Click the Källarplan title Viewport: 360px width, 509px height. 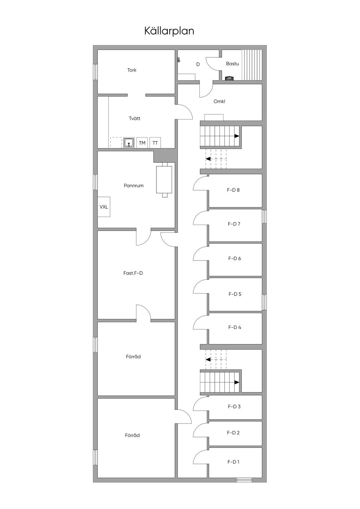coord(169,31)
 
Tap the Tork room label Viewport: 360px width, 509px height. coord(132,70)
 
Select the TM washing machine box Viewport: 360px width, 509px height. coord(142,143)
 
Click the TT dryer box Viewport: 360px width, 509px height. coord(155,143)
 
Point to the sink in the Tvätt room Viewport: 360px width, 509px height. coord(129,143)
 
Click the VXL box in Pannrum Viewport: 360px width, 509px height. coord(104,207)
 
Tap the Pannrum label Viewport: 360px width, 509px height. coord(134,186)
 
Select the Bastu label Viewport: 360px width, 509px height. coord(232,64)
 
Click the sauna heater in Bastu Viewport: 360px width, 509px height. coord(229,78)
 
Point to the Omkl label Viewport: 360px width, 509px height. coord(219,101)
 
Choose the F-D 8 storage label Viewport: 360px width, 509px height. coord(233,190)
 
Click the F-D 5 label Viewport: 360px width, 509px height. coord(235,294)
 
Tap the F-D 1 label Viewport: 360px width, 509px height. coord(233,462)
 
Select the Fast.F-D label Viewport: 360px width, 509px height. coord(133,273)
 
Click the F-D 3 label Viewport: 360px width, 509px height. coord(234,407)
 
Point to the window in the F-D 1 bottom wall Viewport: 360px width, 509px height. coord(244,480)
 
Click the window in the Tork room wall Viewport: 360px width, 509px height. coord(95,72)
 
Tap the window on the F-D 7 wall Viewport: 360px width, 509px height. coord(264,216)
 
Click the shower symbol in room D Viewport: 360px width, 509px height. coord(179,60)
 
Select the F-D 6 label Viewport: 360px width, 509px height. coord(234,258)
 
